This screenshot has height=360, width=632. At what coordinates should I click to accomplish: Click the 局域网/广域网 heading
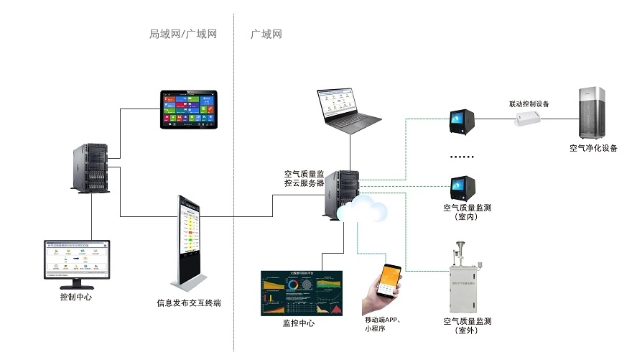tap(182, 34)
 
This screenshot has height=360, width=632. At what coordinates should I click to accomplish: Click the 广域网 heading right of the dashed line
tap(266, 34)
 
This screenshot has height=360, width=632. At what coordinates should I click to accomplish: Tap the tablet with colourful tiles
tap(189, 109)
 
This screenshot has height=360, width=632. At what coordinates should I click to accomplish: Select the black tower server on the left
tap(90, 167)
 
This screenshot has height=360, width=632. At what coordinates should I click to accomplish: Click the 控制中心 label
tap(76, 297)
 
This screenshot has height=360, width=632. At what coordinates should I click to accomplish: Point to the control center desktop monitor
tap(76, 260)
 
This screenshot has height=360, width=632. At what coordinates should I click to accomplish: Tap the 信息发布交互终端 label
tap(189, 303)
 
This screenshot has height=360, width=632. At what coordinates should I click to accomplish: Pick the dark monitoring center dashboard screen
tap(301, 293)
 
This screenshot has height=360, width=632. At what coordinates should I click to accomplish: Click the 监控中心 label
tap(299, 323)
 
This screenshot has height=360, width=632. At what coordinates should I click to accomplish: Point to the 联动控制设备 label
tap(529, 104)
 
